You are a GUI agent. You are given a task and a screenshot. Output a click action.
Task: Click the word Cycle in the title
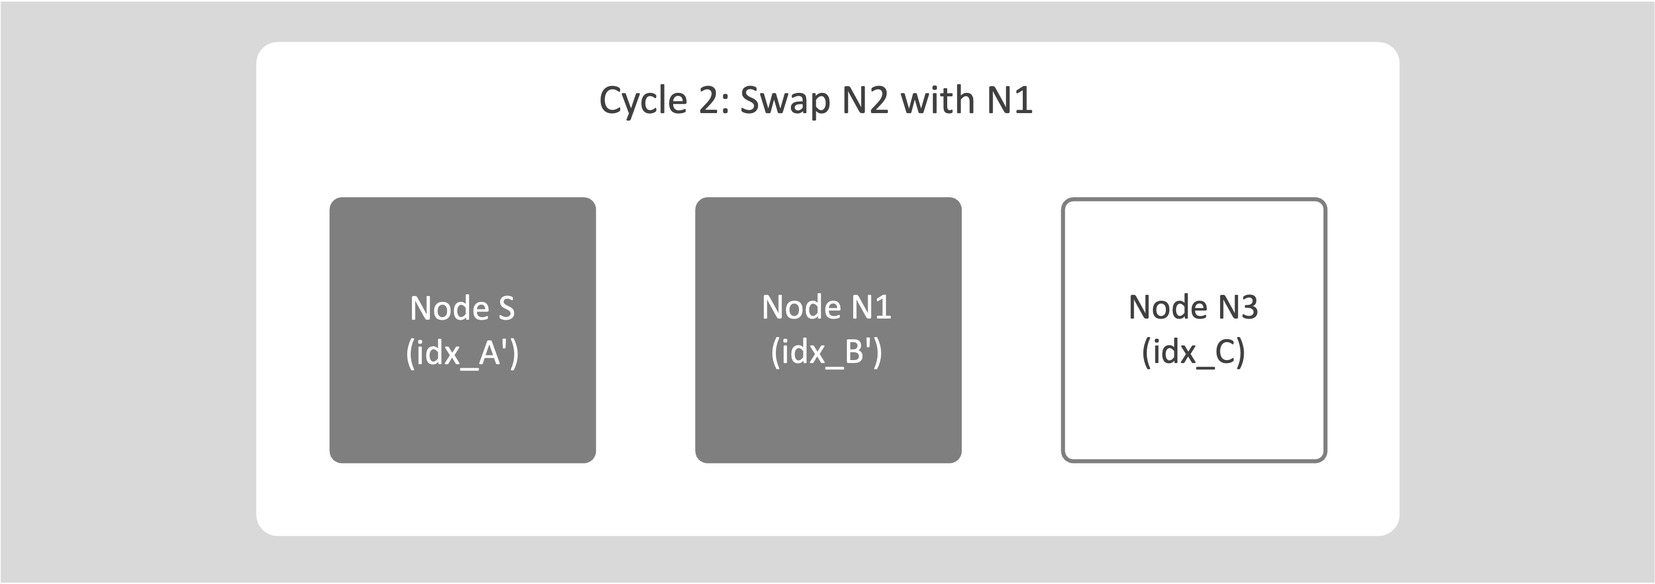(643, 101)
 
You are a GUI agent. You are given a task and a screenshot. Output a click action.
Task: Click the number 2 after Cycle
(711, 101)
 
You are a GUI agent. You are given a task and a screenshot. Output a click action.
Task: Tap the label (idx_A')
(463, 353)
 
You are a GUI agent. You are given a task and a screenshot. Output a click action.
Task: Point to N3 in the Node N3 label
(1239, 307)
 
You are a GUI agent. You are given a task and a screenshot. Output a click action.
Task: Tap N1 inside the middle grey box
(872, 307)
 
